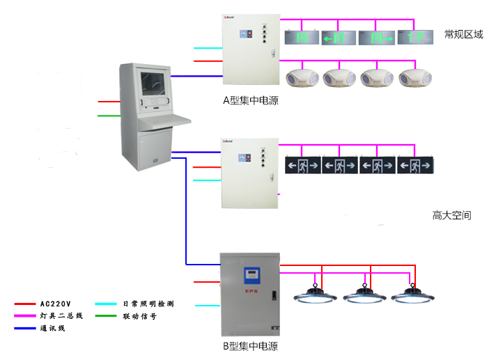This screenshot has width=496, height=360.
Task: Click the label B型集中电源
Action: [250, 346]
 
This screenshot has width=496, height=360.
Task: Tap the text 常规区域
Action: [463, 34]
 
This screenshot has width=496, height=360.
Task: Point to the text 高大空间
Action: [451, 215]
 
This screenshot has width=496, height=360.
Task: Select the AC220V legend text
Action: [55, 304]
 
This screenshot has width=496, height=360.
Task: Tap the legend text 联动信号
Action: [139, 315]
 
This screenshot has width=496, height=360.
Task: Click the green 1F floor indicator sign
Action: [416, 36]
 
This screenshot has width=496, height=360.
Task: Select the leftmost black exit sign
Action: [303, 166]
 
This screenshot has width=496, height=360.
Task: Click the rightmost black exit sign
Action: [416, 166]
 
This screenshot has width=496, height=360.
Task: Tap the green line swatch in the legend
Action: [107, 315]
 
